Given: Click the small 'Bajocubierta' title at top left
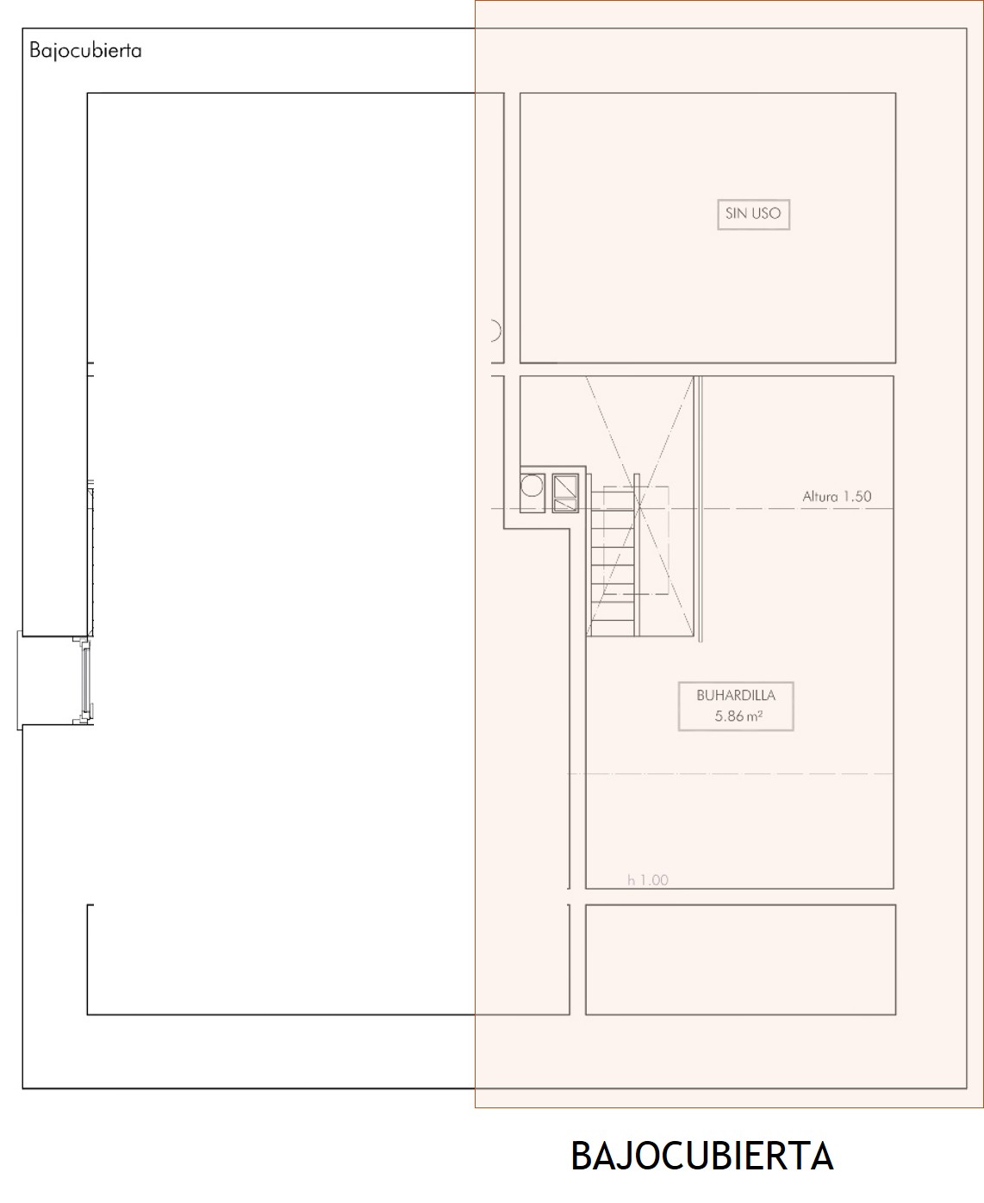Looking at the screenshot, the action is click(x=85, y=51).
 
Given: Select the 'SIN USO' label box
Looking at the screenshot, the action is click(x=753, y=214).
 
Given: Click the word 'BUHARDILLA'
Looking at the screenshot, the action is click(x=736, y=695).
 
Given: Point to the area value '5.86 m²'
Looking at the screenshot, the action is click(x=738, y=716).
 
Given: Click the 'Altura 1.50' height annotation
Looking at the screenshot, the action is click(x=837, y=496).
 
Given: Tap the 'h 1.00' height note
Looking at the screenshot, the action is click(x=648, y=879).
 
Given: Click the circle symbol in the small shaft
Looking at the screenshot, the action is click(x=532, y=487).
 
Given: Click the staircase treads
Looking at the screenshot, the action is click(x=613, y=561).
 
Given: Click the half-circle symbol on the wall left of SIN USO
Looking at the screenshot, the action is click(x=496, y=331).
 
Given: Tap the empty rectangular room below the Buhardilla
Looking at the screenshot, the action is click(x=740, y=959).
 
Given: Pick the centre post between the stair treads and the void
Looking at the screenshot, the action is click(x=637, y=555).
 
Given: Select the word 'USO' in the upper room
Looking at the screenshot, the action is click(x=767, y=214).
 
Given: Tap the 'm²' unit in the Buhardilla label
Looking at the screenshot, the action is click(x=755, y=716).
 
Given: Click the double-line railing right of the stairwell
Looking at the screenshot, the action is click(x=700, y=509).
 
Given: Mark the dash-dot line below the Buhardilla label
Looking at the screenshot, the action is click(x=731, y=774).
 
